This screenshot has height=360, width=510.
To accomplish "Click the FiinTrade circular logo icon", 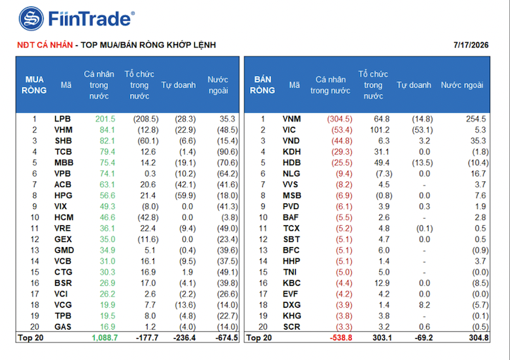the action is tap(31, 19).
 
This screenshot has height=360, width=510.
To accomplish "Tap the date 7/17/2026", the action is tap(471, 45).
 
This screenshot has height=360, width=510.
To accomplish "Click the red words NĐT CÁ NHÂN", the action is tap(45, 45).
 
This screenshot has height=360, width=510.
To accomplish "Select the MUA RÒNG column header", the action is tap(34, 85).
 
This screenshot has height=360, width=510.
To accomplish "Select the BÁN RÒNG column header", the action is tap(263, 85).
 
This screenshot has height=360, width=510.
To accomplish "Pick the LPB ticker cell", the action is tap(62, 119).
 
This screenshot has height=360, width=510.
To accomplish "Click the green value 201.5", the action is tap(105, 119).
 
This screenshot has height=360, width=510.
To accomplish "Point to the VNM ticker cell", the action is tap(292, 119).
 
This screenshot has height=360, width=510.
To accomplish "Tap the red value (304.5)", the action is tap(340, 119).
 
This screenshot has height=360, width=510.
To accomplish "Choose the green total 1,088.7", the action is tap(105, 338).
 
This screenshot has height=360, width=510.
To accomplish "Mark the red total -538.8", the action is tap(341, 338).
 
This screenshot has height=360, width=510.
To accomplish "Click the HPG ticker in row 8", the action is tap(63, 196).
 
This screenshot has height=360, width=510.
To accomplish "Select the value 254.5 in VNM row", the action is tap(476, 119).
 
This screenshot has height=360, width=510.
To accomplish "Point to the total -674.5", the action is tap(226, 338).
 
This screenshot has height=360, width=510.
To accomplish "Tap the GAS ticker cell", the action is tap(62, 327).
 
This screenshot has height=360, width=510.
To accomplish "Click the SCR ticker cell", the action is tap(291, 327).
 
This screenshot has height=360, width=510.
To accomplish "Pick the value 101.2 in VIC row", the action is tap(379, 130).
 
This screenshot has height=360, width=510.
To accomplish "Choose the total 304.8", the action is tap(479, 338).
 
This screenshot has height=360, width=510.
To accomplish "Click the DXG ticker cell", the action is tap(292, 305).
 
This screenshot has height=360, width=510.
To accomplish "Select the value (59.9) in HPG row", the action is tap(188, 196).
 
